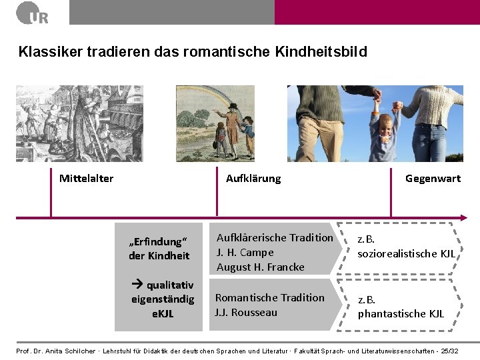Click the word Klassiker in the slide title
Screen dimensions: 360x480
[45, 51]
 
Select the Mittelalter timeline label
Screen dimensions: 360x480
[86, 179]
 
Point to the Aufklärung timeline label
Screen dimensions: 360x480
[253, 179]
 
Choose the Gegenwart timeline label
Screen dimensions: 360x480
[433, 179]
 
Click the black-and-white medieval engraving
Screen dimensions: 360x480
[61, 123]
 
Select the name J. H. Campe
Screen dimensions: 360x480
[245, 253]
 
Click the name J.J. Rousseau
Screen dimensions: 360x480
[246, 313]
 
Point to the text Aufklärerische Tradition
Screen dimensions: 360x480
[275, 238]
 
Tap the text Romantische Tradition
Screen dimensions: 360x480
[269, 298]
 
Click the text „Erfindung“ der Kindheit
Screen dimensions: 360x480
[159, 249]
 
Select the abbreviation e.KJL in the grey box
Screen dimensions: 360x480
[163, 313]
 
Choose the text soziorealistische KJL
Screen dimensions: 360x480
[406, 253]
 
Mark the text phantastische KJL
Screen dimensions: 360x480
[401, 313]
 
